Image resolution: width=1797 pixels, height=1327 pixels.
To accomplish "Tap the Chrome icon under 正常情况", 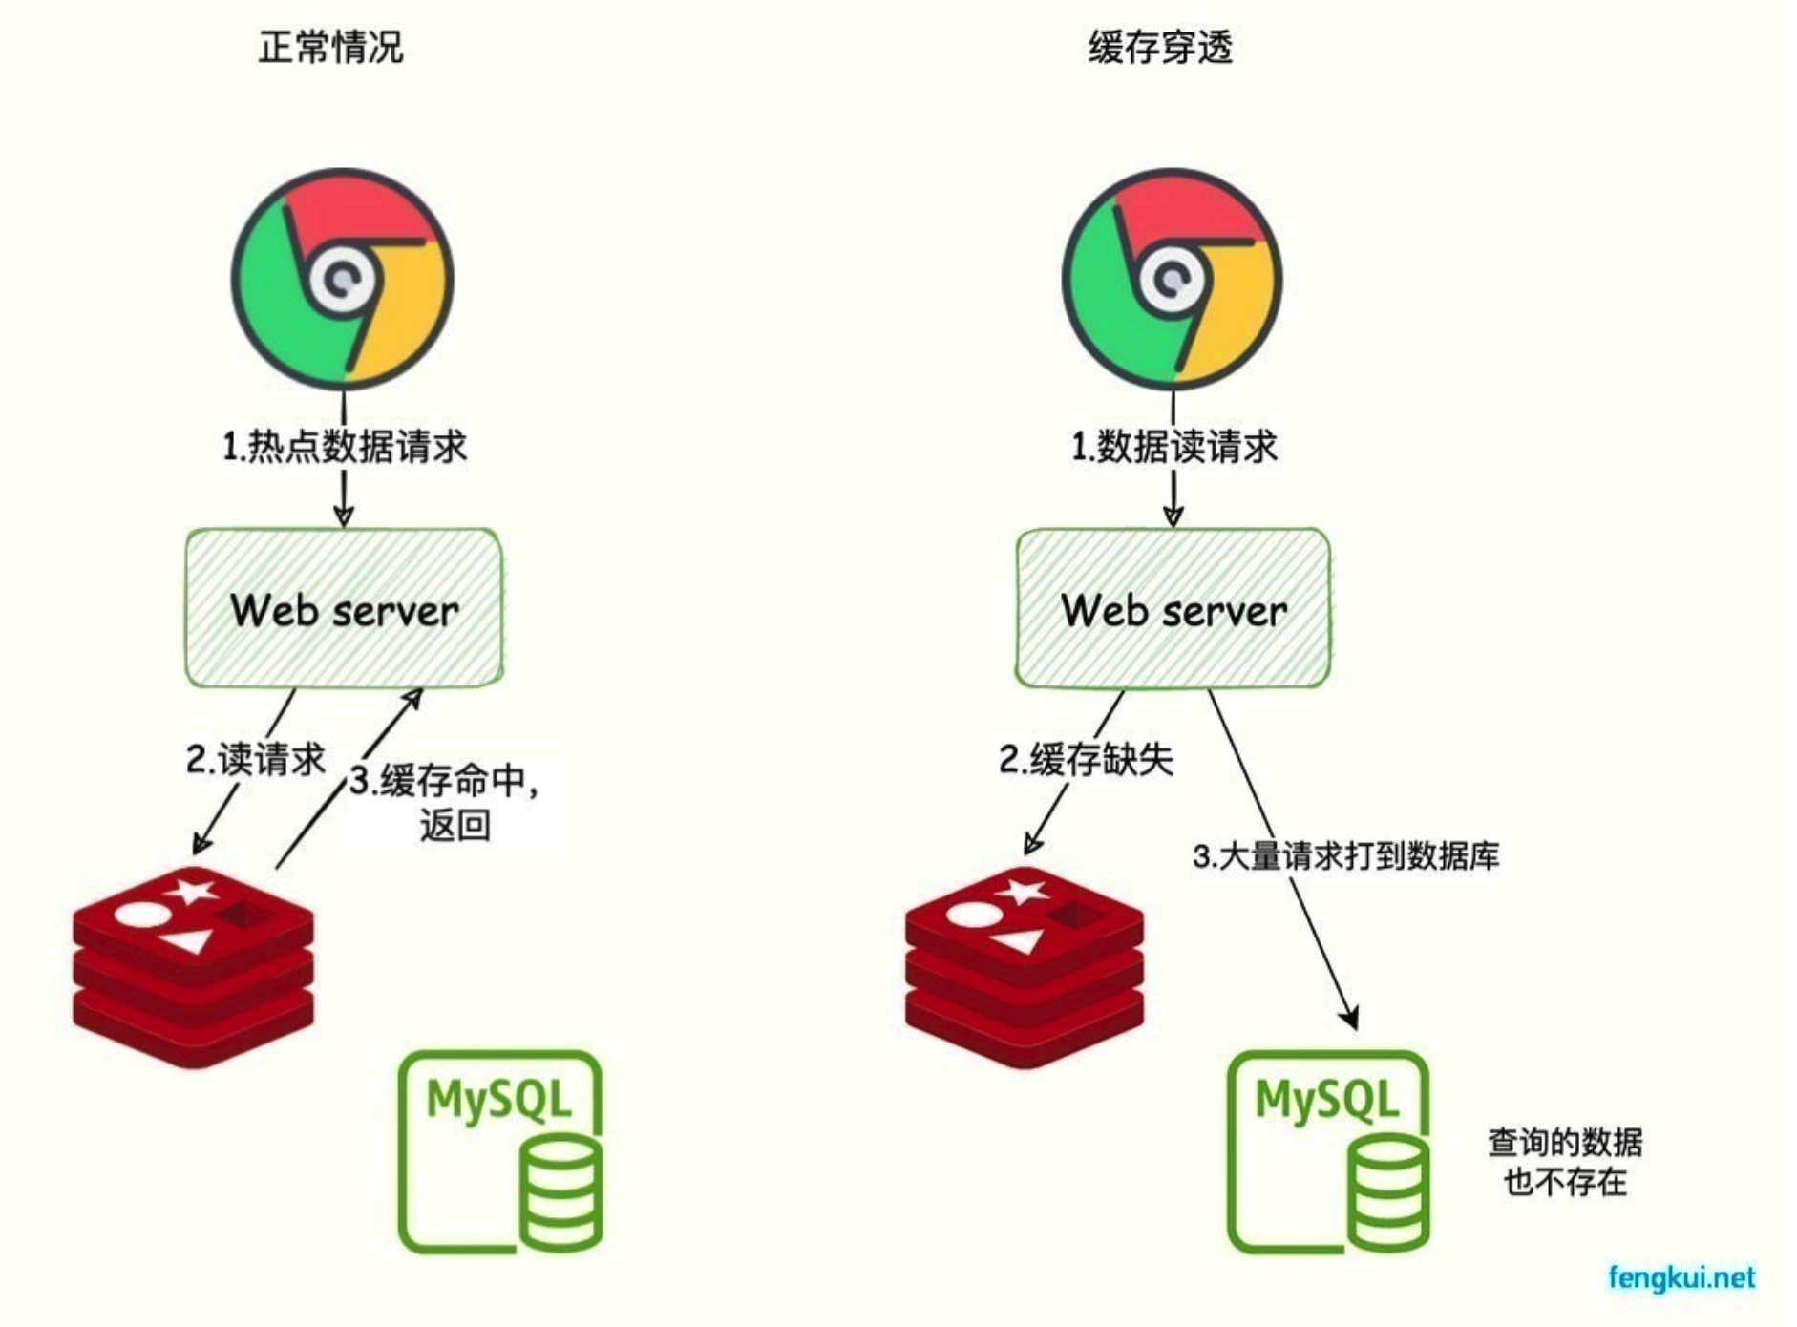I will click(x=343, y=279).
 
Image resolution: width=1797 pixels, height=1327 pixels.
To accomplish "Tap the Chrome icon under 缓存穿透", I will click(x=1173, y=279).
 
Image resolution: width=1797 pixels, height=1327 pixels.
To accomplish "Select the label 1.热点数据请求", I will click(x=345, y=446).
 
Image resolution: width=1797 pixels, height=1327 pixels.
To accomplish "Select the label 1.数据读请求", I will click(x=1174, y=446).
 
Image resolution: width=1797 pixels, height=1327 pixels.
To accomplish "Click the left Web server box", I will click(x=344, y=609).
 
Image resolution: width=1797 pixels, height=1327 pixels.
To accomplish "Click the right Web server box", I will click(x=1173, y=609).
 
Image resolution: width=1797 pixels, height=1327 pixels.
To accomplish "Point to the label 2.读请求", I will click(x=255, y=760).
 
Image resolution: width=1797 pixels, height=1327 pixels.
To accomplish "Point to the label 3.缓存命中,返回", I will click(x=445, y=801).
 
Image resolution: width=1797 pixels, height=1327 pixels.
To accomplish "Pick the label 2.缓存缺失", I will click(x=1086, y=760).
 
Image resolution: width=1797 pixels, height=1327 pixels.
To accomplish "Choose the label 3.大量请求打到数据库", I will click(x=1345, y=855).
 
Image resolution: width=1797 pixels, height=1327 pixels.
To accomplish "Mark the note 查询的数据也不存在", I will click(x=1565, y=1162).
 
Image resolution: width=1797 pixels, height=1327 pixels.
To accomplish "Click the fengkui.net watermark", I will click(x=1681, y=1277).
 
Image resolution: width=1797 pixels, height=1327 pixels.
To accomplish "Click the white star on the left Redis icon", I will click(x=191, y=892).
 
